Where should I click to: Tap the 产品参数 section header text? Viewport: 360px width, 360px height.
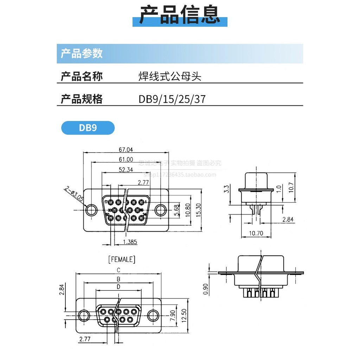(82, 53)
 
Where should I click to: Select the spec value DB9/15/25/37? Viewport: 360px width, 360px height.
(172, 99)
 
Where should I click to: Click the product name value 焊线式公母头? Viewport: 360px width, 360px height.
(170, 76)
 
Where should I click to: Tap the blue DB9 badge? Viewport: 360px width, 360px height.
(88, 128)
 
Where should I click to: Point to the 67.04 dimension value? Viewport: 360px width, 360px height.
(126, 149)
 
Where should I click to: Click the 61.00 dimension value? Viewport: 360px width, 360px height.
(126, 159)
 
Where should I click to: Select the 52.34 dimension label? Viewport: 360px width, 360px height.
(126, 169)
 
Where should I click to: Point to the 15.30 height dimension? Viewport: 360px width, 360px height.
(199, 211)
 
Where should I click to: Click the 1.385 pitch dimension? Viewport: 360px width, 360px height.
(130, 242)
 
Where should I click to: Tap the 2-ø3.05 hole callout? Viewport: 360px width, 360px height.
(74, 194)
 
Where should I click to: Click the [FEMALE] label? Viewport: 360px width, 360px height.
(121, 259)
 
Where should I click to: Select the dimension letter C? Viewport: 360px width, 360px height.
(119, 270)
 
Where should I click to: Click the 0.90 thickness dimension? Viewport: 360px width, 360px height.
(206, 289)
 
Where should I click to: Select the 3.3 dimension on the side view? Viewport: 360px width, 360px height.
(227, 189)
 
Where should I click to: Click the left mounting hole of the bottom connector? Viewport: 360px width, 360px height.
(84, 316)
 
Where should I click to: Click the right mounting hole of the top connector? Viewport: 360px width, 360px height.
(161, 210)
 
